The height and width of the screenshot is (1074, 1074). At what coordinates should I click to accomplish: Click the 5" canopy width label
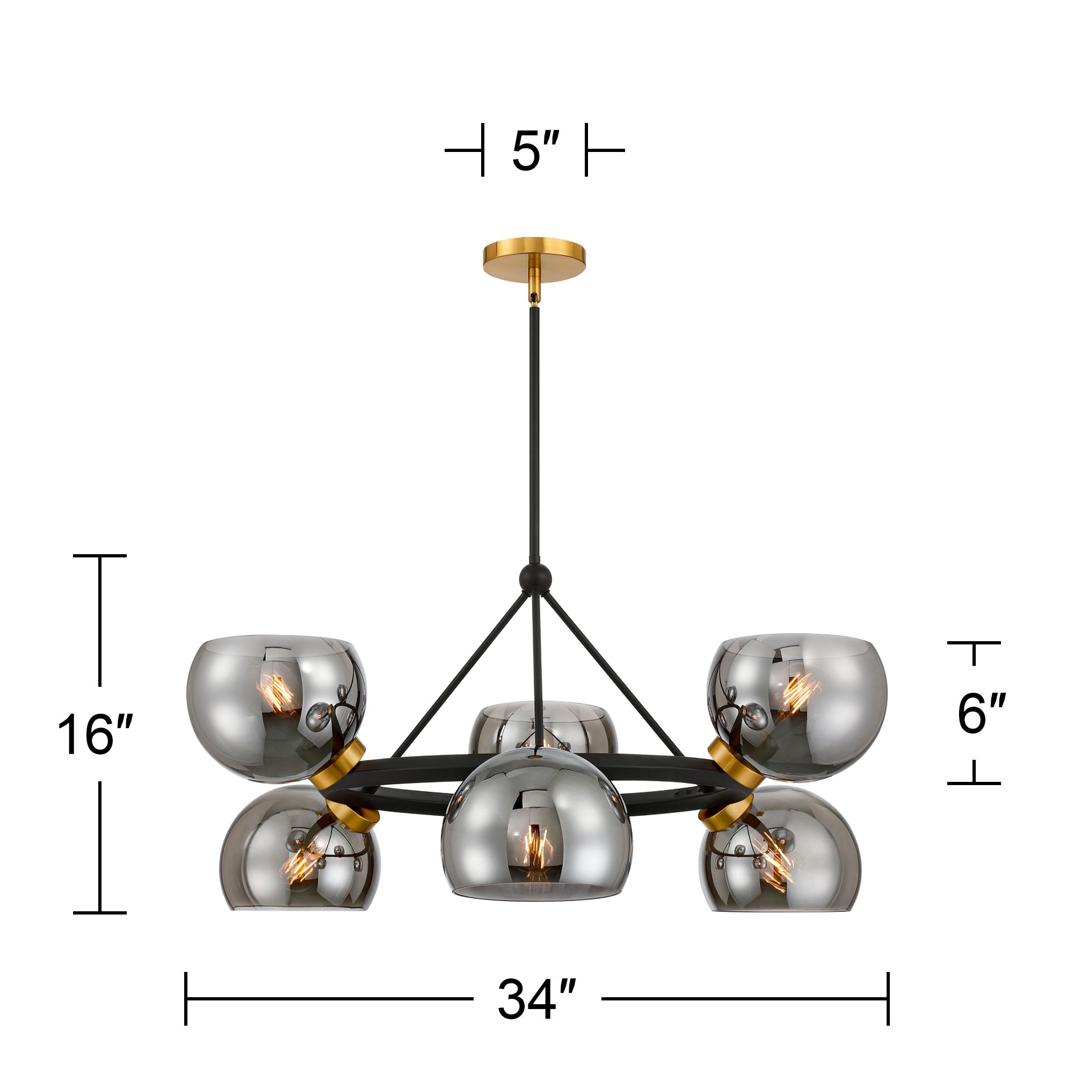534,151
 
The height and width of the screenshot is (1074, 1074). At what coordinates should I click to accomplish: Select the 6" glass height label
981,714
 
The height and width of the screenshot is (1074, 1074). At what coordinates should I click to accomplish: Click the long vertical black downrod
534,433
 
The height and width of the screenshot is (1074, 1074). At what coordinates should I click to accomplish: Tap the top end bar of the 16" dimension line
99,555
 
